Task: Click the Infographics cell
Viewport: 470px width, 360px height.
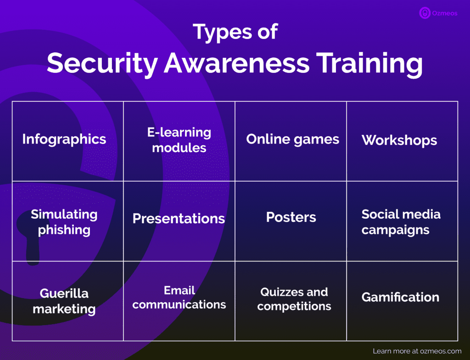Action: coord(64,139)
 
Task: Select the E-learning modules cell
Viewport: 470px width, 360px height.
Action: coord(179,140)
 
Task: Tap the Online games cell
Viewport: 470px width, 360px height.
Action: coord(292,139)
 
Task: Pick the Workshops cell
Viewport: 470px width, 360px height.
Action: coord(399,140)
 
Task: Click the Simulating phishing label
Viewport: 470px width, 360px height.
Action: coord(64,222)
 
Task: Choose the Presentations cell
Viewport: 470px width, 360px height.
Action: coord(179,219)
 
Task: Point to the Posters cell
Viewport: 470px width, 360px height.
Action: coord(291,217)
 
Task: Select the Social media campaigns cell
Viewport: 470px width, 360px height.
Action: coord(401,222)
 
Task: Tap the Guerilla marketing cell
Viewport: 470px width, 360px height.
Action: coord(64,301)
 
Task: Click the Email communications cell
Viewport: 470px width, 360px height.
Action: coord(179,297)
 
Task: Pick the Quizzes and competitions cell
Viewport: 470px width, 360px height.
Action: coord(294,299)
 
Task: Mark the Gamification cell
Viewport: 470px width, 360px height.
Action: coord(400,297)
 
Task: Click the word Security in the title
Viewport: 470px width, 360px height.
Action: coord(102,62)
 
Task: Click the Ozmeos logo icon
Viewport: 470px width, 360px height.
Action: coord(425,13)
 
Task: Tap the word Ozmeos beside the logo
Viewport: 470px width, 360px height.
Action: coord(444,13)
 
